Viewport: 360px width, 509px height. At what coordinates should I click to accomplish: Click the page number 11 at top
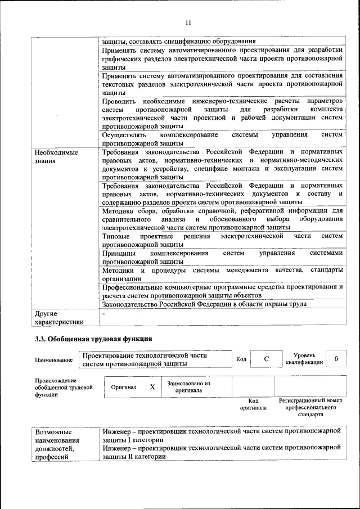[x=188, y=22]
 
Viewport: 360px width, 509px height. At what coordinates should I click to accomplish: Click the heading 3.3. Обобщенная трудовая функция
[x=93, y=339]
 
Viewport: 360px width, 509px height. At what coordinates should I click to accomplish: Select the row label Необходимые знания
[x=56, y=157]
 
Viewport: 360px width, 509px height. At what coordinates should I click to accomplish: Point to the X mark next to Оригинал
[x=152, y=387]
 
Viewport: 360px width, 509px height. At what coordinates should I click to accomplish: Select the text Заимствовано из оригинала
[x=188, y=387]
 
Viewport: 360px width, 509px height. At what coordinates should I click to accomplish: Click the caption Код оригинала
[x=253, y=404]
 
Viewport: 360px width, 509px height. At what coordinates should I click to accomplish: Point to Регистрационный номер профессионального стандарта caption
[x=310, y=407]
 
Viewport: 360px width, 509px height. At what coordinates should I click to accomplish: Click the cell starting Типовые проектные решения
[x=222, y=240]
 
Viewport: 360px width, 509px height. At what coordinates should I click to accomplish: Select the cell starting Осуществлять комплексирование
[x=222, y=139]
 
